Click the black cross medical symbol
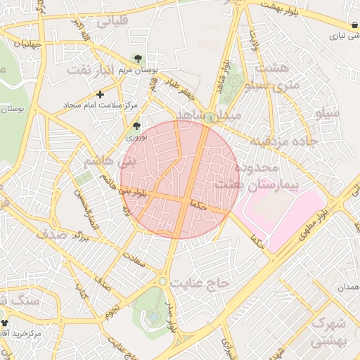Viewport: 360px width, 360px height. click(101, 94)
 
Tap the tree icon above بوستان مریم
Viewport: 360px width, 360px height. click(138, 59)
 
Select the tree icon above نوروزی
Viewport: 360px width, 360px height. click(136, 127)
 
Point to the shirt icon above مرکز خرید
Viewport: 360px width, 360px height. click(5, 321)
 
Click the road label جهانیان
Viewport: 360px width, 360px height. click(19, 44)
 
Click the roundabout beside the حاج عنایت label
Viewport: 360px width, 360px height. click(163, 281)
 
